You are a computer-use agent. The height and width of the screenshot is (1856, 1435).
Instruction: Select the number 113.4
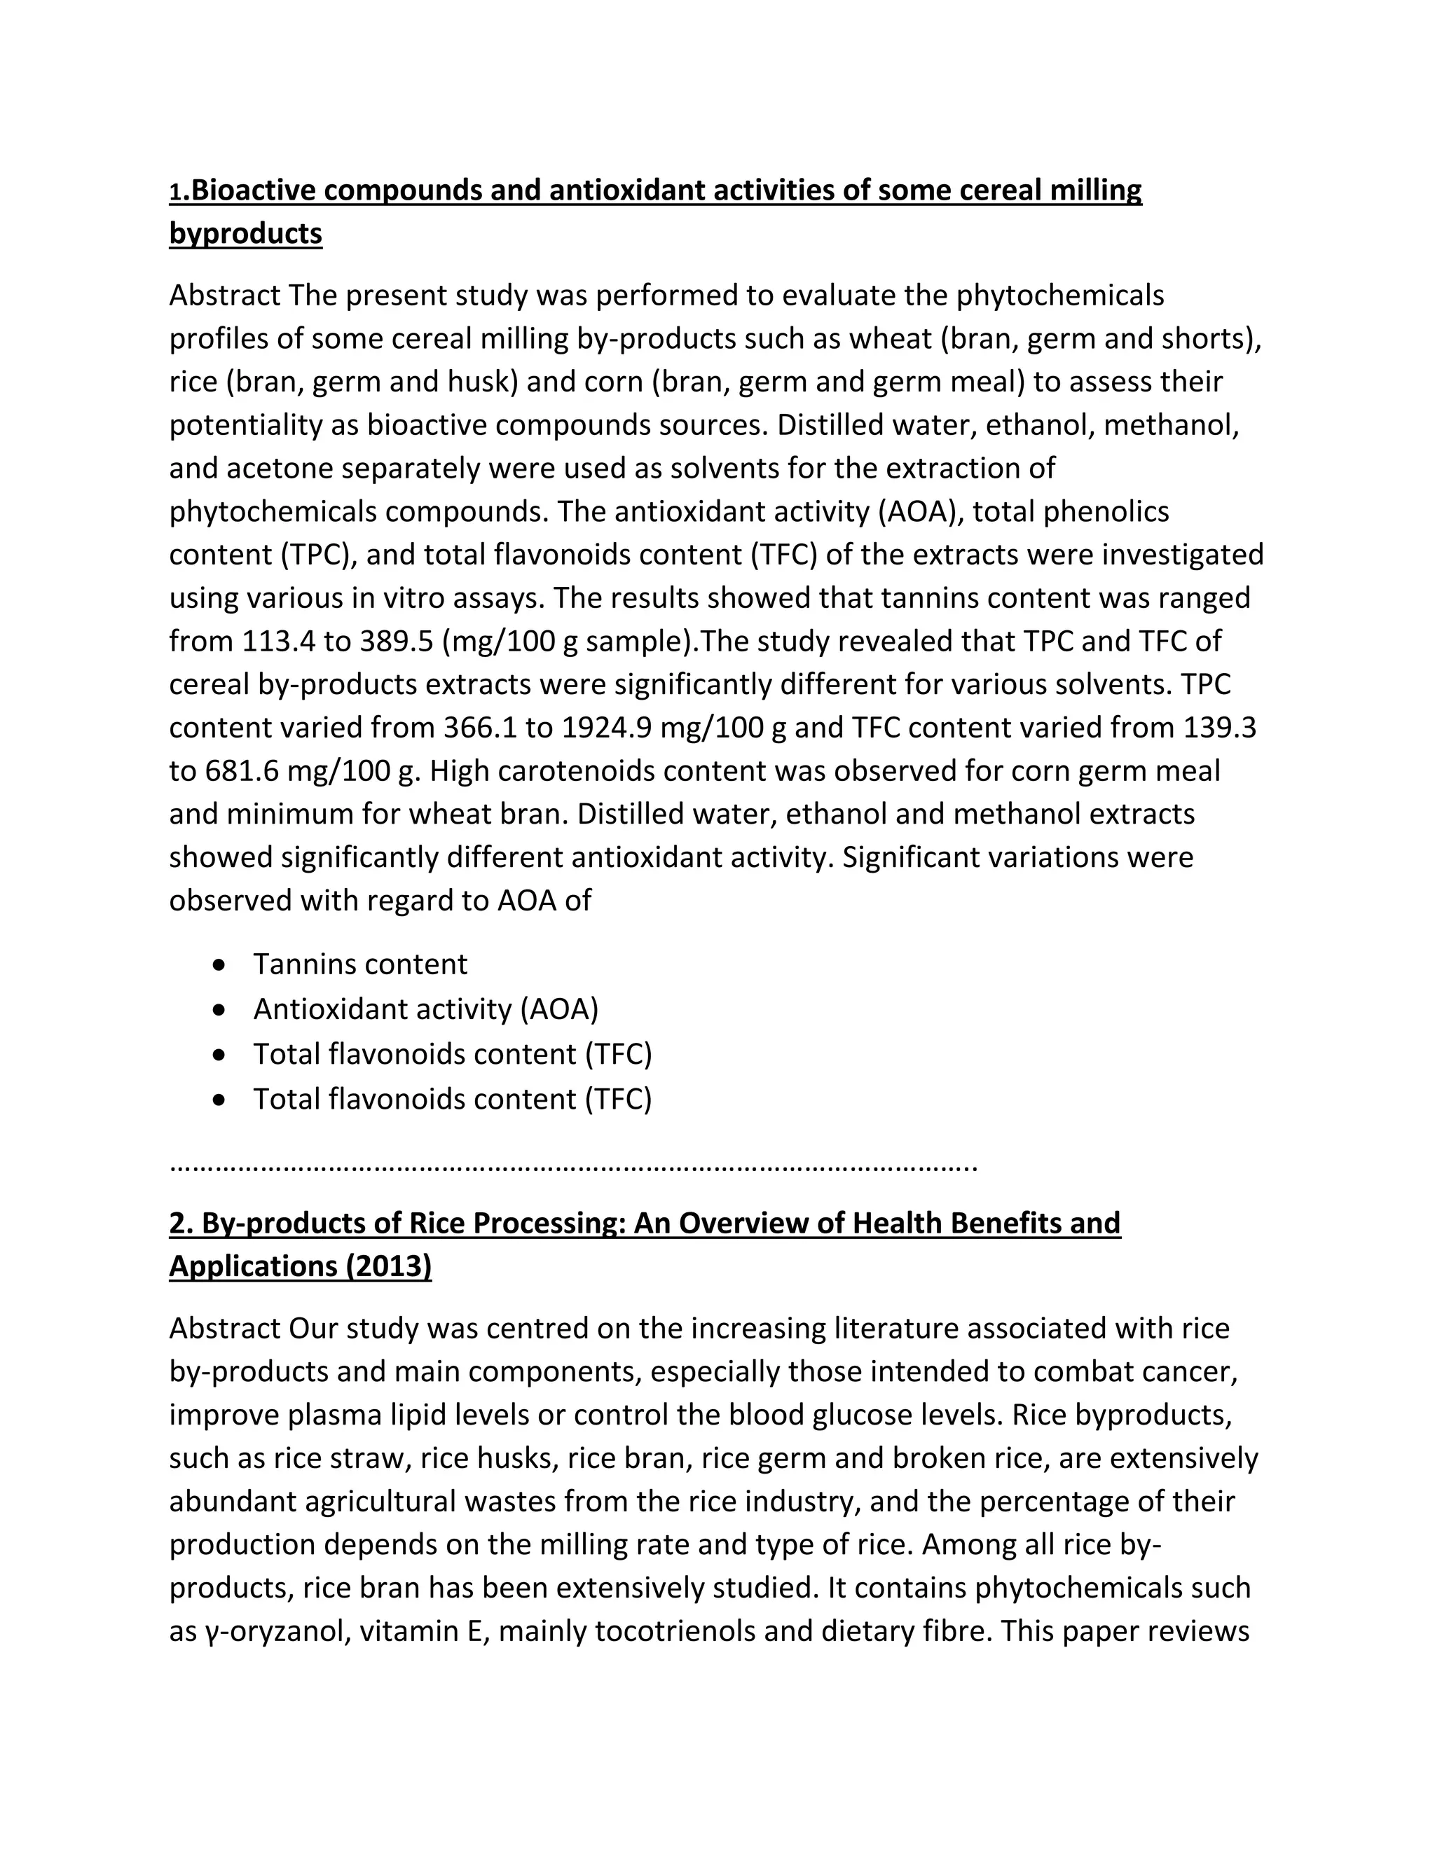(x=278, y=641)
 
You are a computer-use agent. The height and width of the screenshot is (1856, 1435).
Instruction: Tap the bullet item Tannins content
(x=360, y=964)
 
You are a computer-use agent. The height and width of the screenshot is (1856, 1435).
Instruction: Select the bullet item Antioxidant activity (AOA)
(x=426, y=1009)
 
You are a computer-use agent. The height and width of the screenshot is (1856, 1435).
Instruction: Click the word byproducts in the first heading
(x=246, y=233)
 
